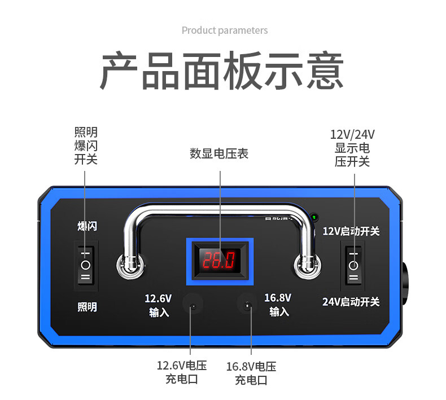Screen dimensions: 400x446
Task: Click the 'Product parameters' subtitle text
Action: pyautogui.click(x=224, y=30)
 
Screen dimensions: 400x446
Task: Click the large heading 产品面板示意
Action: pyautogui.click(x=222, y=72)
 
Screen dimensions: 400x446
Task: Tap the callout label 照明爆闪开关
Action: pyautogui.click(x=86, y=146)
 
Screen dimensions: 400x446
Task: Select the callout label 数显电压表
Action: pyautogui.click(x=219, y=153)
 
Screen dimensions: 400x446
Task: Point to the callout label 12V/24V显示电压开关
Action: pyautogui.click(x=352, y=148)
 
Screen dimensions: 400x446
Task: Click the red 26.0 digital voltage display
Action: pyautogui.click(x=220, y=260)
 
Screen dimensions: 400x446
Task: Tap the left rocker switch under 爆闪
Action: pyautogui.click(x=86, y=263)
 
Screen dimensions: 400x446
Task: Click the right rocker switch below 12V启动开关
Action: pyautogui.click(x=353, y=264)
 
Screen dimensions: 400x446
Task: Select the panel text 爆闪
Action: pyautogui.click(x=87, y=226)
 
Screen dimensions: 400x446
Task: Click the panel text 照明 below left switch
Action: pyautogui.click(x=87, y=307)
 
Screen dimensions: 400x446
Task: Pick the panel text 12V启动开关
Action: pyautogui.click(x=351, y=231)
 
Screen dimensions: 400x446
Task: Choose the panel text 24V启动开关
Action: pyautogui.click(x=351, y=301)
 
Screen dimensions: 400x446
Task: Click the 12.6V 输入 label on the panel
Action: pyautogui.click(x=159, y=305)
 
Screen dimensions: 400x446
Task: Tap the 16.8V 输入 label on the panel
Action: pyautogui.click(x=278, y=304)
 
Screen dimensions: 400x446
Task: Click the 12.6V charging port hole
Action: pyautogui.click(x=194, y=306)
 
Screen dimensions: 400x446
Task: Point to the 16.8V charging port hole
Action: pyautogui.click(x=247, y=306)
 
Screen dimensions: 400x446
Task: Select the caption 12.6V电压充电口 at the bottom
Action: pyautogui.click(x=181, y=372)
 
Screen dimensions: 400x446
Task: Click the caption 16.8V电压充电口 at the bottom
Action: pyautogui.click(x=251, y=373)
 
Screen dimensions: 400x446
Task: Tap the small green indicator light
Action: pyautogui.click(x=313, y=216)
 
